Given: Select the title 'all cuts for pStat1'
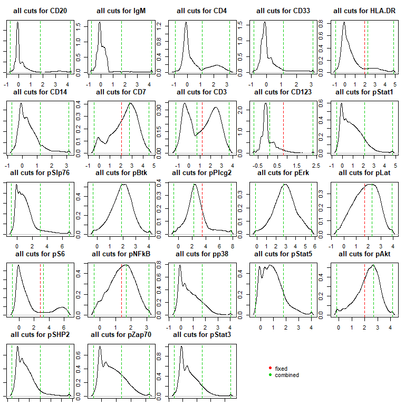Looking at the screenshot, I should (x=363, y=92).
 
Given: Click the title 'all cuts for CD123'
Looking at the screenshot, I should (x=283, y=92).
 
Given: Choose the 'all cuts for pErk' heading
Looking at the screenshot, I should (x=283, y=172).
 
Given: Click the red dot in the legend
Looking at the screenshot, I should (x=271, y=369).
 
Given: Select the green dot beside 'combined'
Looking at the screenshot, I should (x=271, y=375).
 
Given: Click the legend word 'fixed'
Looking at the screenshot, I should (x=281, y=369).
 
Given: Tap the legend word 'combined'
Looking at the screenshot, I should (x=287, y=375).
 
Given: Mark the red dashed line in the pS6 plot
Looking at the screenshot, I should (x=41, y=290).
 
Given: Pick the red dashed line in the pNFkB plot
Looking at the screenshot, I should (x=121, y=290).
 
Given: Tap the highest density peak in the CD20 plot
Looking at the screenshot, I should (x=18, y=23).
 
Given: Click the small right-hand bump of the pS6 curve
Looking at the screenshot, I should (x=63, y=307).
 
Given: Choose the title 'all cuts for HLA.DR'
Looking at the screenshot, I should (x=363, y=11).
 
